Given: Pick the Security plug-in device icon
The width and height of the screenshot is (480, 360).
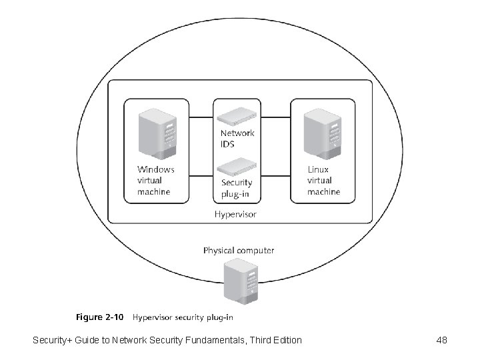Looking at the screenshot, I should point(237,166).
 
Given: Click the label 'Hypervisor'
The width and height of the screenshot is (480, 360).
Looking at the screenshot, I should point(235,215).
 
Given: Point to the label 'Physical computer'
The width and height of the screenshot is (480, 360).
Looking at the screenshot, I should point(238,251).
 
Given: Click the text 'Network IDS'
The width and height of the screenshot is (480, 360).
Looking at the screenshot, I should point(237,138).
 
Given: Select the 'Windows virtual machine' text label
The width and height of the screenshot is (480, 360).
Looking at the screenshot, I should point(155,181).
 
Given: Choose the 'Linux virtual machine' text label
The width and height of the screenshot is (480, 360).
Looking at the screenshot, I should point(323,181).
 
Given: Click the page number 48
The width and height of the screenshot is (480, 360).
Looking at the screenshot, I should point(441,341).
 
